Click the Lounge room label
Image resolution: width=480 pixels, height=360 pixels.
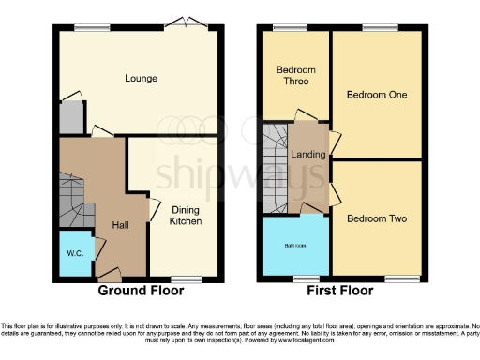coord(141,79)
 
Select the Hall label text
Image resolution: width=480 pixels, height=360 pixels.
coord(121,225)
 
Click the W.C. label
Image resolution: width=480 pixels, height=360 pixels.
coord(75,252)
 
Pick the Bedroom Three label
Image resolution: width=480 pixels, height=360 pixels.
coord(295,77)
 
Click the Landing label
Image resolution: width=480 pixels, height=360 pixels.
coord(307,155)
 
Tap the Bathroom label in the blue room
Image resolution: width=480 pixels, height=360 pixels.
coord(295,247)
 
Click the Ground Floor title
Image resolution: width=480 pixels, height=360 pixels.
coord(141,292)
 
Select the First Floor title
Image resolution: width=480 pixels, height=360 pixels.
coord(343,292)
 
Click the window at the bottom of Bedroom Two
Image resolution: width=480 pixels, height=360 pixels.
coord(404,278)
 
